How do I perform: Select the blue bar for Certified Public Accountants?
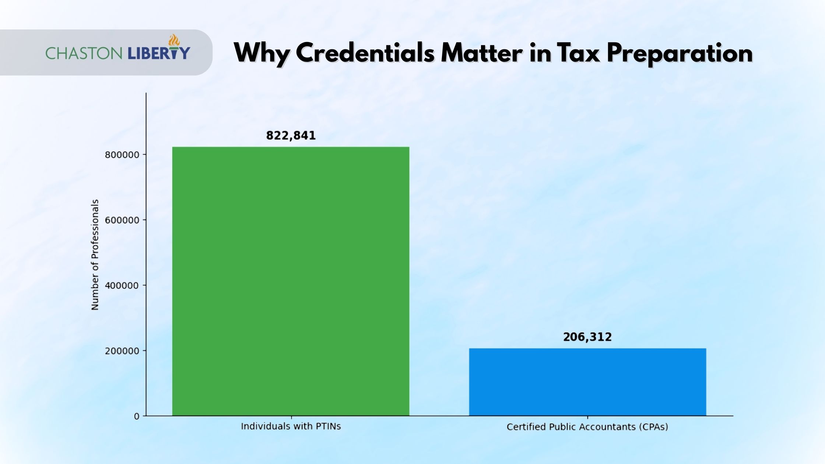(x=587, y=382)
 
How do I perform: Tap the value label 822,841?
(x=291, y=136)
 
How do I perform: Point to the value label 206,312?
(x=587, y=337)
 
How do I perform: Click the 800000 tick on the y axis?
(x=122, y=155)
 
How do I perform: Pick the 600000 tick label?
(x=122, y=220)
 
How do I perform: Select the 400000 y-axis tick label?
(x=122, y=285)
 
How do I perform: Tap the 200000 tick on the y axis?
(x=122, y=351)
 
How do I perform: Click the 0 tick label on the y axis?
(x=137, y=416)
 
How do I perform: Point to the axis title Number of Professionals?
(x=95, y=254)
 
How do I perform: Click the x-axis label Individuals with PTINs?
(x=291, y=426)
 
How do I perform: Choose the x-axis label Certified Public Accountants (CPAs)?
(x=587, y=427)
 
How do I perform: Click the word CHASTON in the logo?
(x=84, y=53)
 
